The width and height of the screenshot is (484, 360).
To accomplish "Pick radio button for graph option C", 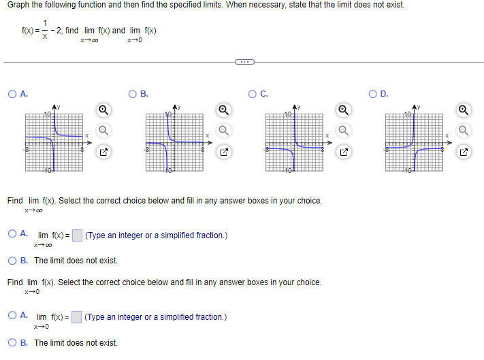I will click(253, 94).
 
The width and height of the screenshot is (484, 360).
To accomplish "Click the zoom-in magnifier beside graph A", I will click(101, 109).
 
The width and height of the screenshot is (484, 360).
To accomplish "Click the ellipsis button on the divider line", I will click(242, 62).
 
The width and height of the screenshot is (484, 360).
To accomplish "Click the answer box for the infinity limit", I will click(77, 235).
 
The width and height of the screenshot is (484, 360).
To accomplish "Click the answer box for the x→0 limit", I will click(77, 316).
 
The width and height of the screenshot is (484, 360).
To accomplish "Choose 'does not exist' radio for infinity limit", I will click(14, 261).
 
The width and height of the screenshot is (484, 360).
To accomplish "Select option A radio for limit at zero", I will click(14, 316).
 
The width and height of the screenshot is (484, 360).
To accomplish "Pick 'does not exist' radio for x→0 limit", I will click(14, 342).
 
